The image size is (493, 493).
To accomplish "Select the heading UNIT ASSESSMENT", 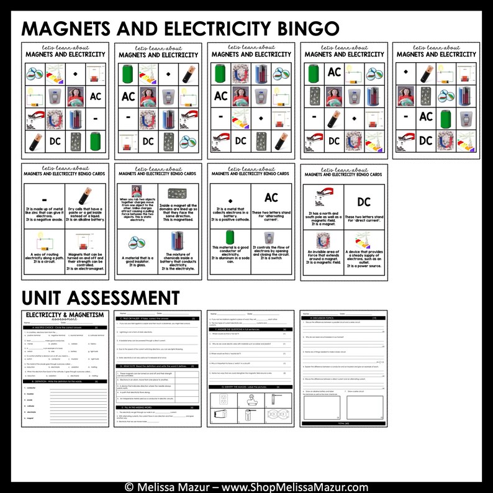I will pos(101,296).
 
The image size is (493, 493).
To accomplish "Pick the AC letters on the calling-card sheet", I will pos(271,198).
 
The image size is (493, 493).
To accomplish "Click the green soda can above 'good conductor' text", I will pos(230,238).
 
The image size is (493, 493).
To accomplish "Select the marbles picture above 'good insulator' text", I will pos(137,241).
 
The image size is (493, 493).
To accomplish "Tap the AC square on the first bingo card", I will pos(95,96).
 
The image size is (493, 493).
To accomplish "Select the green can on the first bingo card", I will pos(95,140).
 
